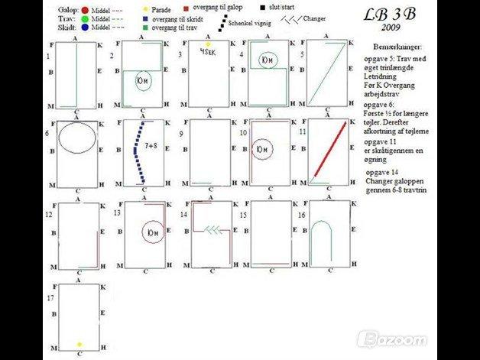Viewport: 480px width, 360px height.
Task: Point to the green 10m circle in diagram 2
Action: [x=142, y=80]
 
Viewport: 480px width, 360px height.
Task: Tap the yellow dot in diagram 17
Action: [x=79, y=345]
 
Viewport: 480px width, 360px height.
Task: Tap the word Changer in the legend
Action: [x=313, y=18]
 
